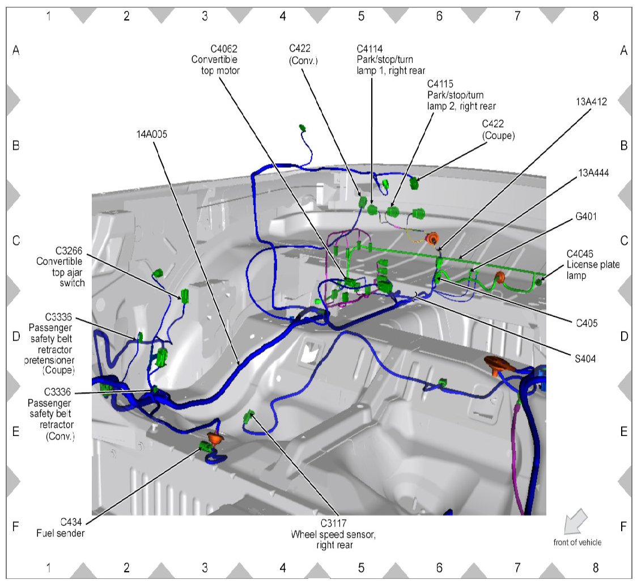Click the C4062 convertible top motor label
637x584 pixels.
[x=215, y=60]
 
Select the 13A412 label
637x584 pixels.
[x=590, y=102]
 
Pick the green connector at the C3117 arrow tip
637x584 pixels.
[x=248, y=418]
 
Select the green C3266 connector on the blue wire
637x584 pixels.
[x=184, y=295]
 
